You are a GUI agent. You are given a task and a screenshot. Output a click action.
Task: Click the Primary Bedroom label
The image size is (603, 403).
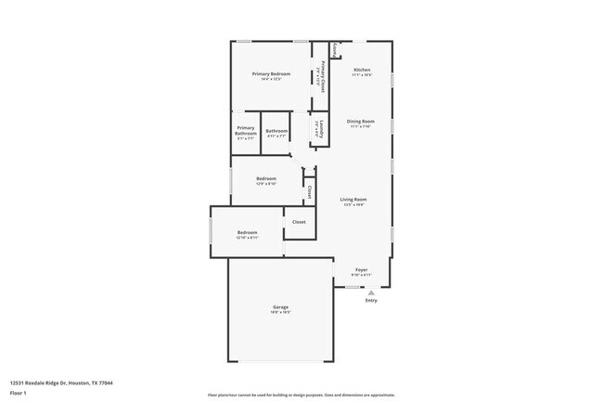(272, 73)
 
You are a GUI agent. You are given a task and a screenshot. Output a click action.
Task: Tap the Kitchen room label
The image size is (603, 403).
(362, 71)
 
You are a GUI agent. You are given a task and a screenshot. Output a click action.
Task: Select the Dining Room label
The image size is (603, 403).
(361, 122)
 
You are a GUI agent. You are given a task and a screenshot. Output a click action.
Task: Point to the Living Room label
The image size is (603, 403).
(353, 200)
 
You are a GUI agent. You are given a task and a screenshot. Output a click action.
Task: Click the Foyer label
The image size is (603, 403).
(362, 270)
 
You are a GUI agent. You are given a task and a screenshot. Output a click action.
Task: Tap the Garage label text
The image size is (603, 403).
(280, 307)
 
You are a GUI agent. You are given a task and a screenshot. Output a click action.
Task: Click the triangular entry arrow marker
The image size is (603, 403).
(371, 292)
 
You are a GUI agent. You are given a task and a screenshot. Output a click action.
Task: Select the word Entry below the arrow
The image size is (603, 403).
(371, 300)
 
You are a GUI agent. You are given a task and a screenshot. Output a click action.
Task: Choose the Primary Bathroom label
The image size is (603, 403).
(245, 131)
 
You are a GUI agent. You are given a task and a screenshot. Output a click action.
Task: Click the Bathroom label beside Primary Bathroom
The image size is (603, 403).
(276, 131)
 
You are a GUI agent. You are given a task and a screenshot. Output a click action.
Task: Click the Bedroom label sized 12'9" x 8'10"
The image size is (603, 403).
(266, 178)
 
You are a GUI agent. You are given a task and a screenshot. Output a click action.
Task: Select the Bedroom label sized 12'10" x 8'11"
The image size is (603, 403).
(247, 232)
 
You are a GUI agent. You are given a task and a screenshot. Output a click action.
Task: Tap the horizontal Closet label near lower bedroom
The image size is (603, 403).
(299, 223)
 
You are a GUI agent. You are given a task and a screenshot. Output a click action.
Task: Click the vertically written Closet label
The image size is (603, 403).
(309, 192)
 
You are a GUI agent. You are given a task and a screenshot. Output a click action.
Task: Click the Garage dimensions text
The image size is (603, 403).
(280, 313)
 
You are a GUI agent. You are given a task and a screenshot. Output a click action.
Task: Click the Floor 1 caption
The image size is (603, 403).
(19, 393)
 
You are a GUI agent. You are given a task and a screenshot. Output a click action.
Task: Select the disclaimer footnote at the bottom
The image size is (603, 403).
(301, 395)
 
